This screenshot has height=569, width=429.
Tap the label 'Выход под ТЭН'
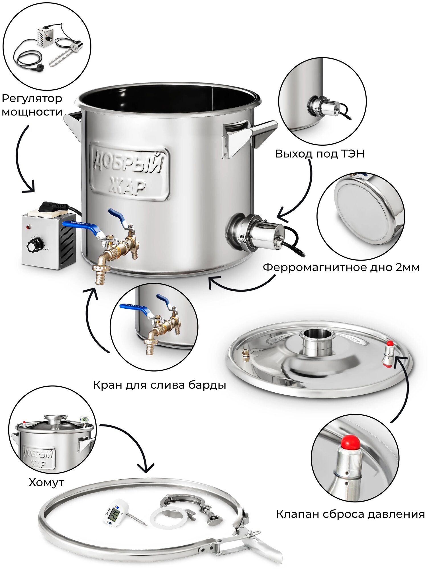click(x=319, y=154)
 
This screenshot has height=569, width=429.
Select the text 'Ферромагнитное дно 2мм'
click(x=341, y=267)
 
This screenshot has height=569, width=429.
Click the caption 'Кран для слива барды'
click(x=159, y=385)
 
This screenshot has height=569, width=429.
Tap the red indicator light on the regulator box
click(x=28, y=227)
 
